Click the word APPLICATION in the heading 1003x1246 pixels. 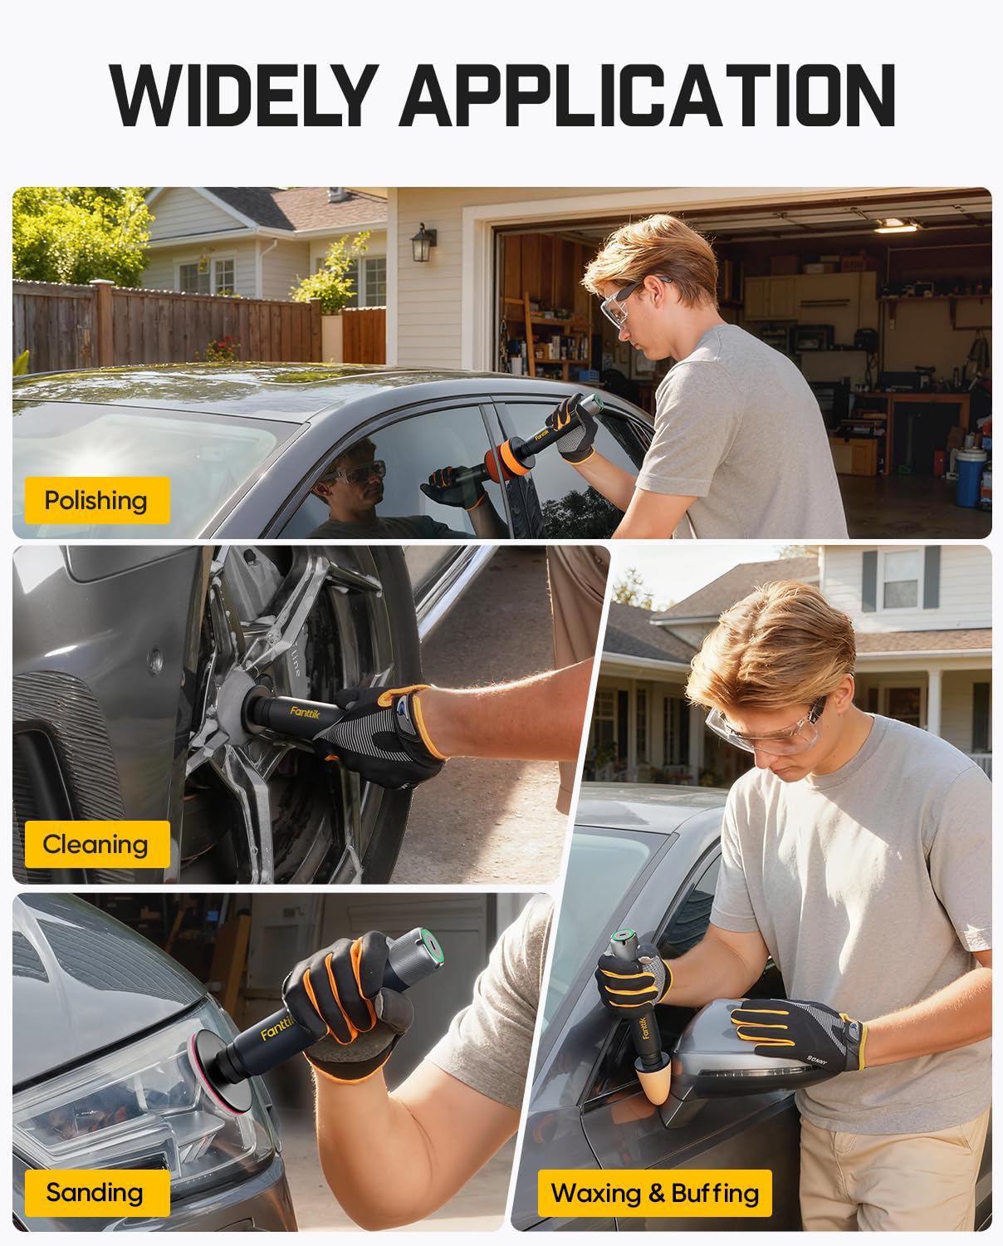click(647, 96)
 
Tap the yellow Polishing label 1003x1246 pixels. click(96, 500)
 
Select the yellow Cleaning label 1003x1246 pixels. click(96, 844)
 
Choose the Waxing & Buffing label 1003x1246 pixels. click(654, 1193)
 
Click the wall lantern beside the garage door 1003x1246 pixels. click(423, 242)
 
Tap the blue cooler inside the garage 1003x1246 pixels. click(970, 477)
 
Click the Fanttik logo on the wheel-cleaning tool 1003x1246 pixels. click(305, 711)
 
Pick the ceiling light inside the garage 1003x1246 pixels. click(895, 226)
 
